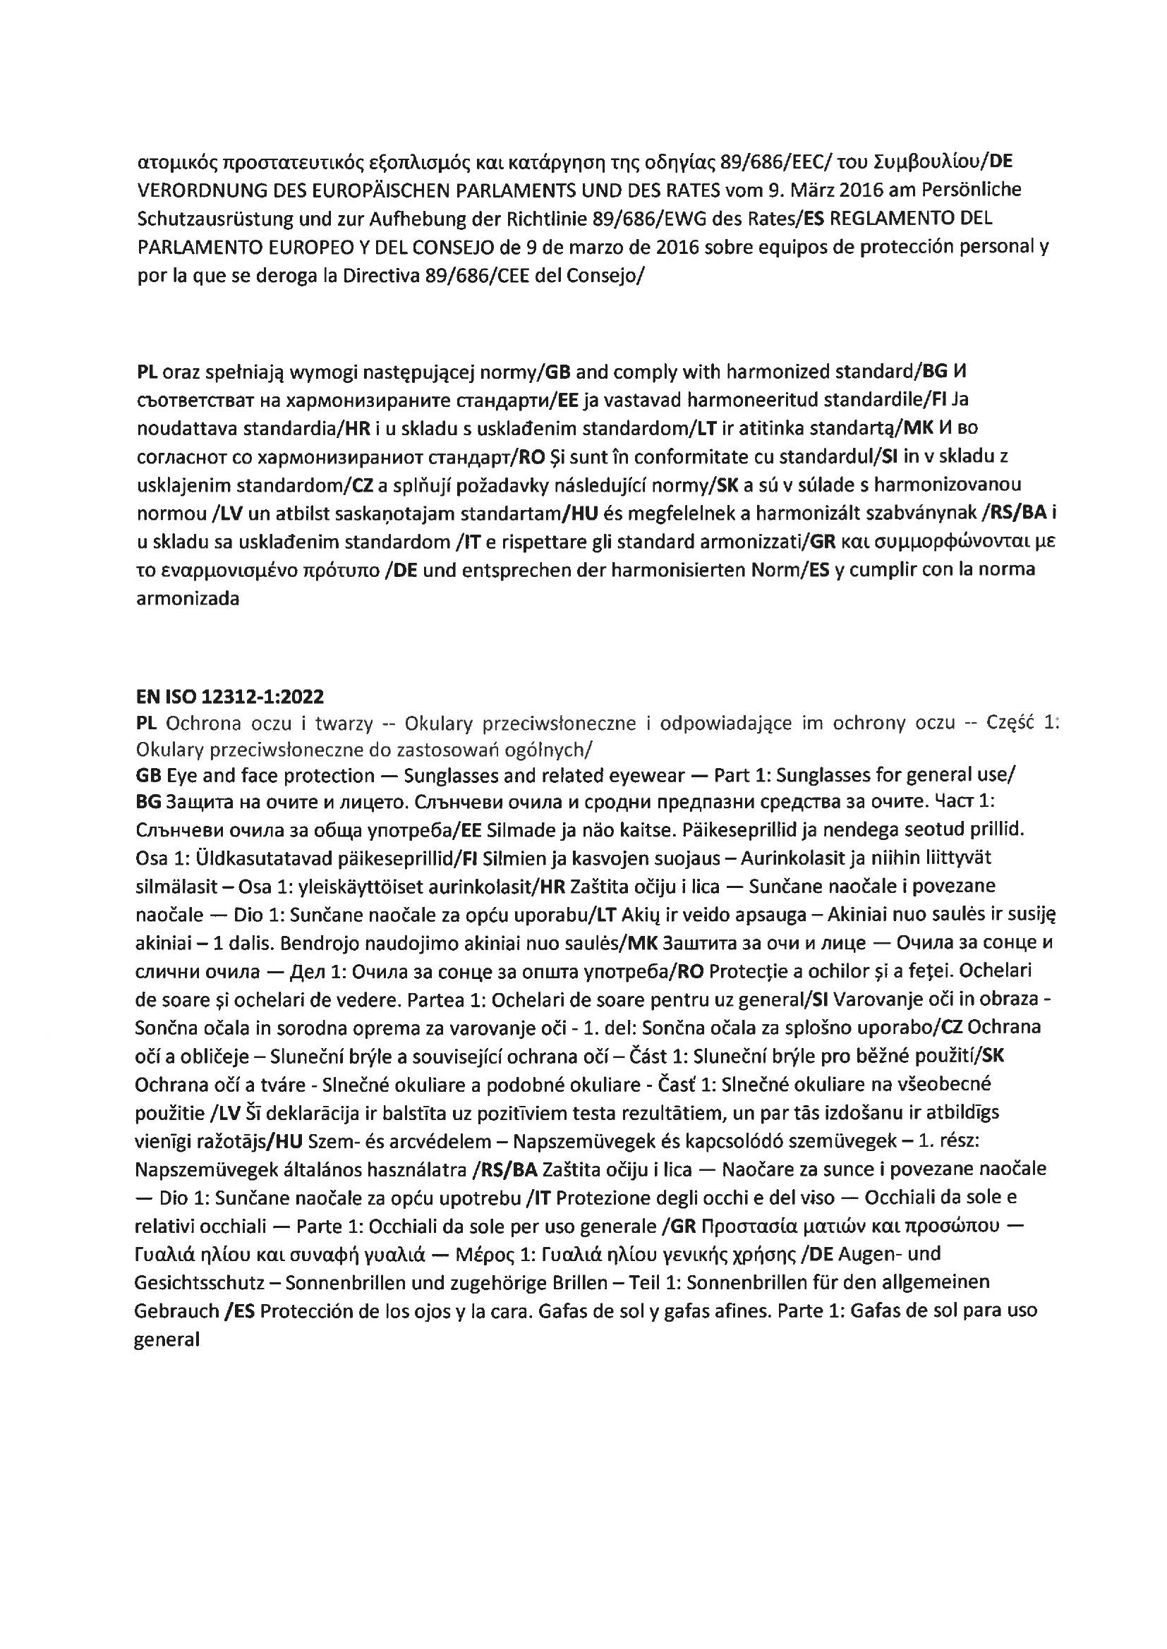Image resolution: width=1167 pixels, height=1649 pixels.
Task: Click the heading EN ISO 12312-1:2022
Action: pos(229,696)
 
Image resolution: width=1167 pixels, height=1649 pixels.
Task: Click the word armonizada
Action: pos(188,598)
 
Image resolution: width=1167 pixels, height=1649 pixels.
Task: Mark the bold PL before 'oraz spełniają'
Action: pos(147,372)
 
